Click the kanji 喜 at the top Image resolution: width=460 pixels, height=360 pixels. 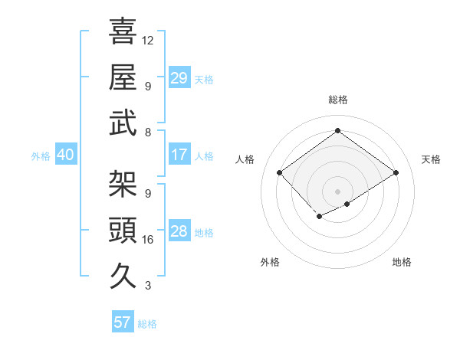[123, 31]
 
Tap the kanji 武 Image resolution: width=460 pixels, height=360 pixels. [123, 123]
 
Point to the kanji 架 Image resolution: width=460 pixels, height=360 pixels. [123, 184]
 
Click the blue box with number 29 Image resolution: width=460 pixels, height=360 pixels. [179, 77]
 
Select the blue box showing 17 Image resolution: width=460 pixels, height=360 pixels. [179, 155]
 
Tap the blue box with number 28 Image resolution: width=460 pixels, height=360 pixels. [179, 231]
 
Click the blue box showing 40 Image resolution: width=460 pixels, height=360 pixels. [65, 155]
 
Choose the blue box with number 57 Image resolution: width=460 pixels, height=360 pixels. [122, 322]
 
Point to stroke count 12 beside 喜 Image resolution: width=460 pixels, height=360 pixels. [148, 41]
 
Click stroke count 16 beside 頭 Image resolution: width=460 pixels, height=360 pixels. [148, 240]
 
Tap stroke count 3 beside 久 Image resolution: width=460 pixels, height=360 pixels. [148, 286]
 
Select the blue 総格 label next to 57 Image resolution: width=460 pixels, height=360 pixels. [147, 324]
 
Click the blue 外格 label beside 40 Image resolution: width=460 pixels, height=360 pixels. [41, 156]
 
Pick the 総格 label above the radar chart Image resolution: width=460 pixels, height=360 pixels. [337, 100]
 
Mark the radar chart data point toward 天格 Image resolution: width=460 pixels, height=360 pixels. [396, 172]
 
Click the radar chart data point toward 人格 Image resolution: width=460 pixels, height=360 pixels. [280, 172]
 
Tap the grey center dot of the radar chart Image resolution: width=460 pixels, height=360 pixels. [337, 190]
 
